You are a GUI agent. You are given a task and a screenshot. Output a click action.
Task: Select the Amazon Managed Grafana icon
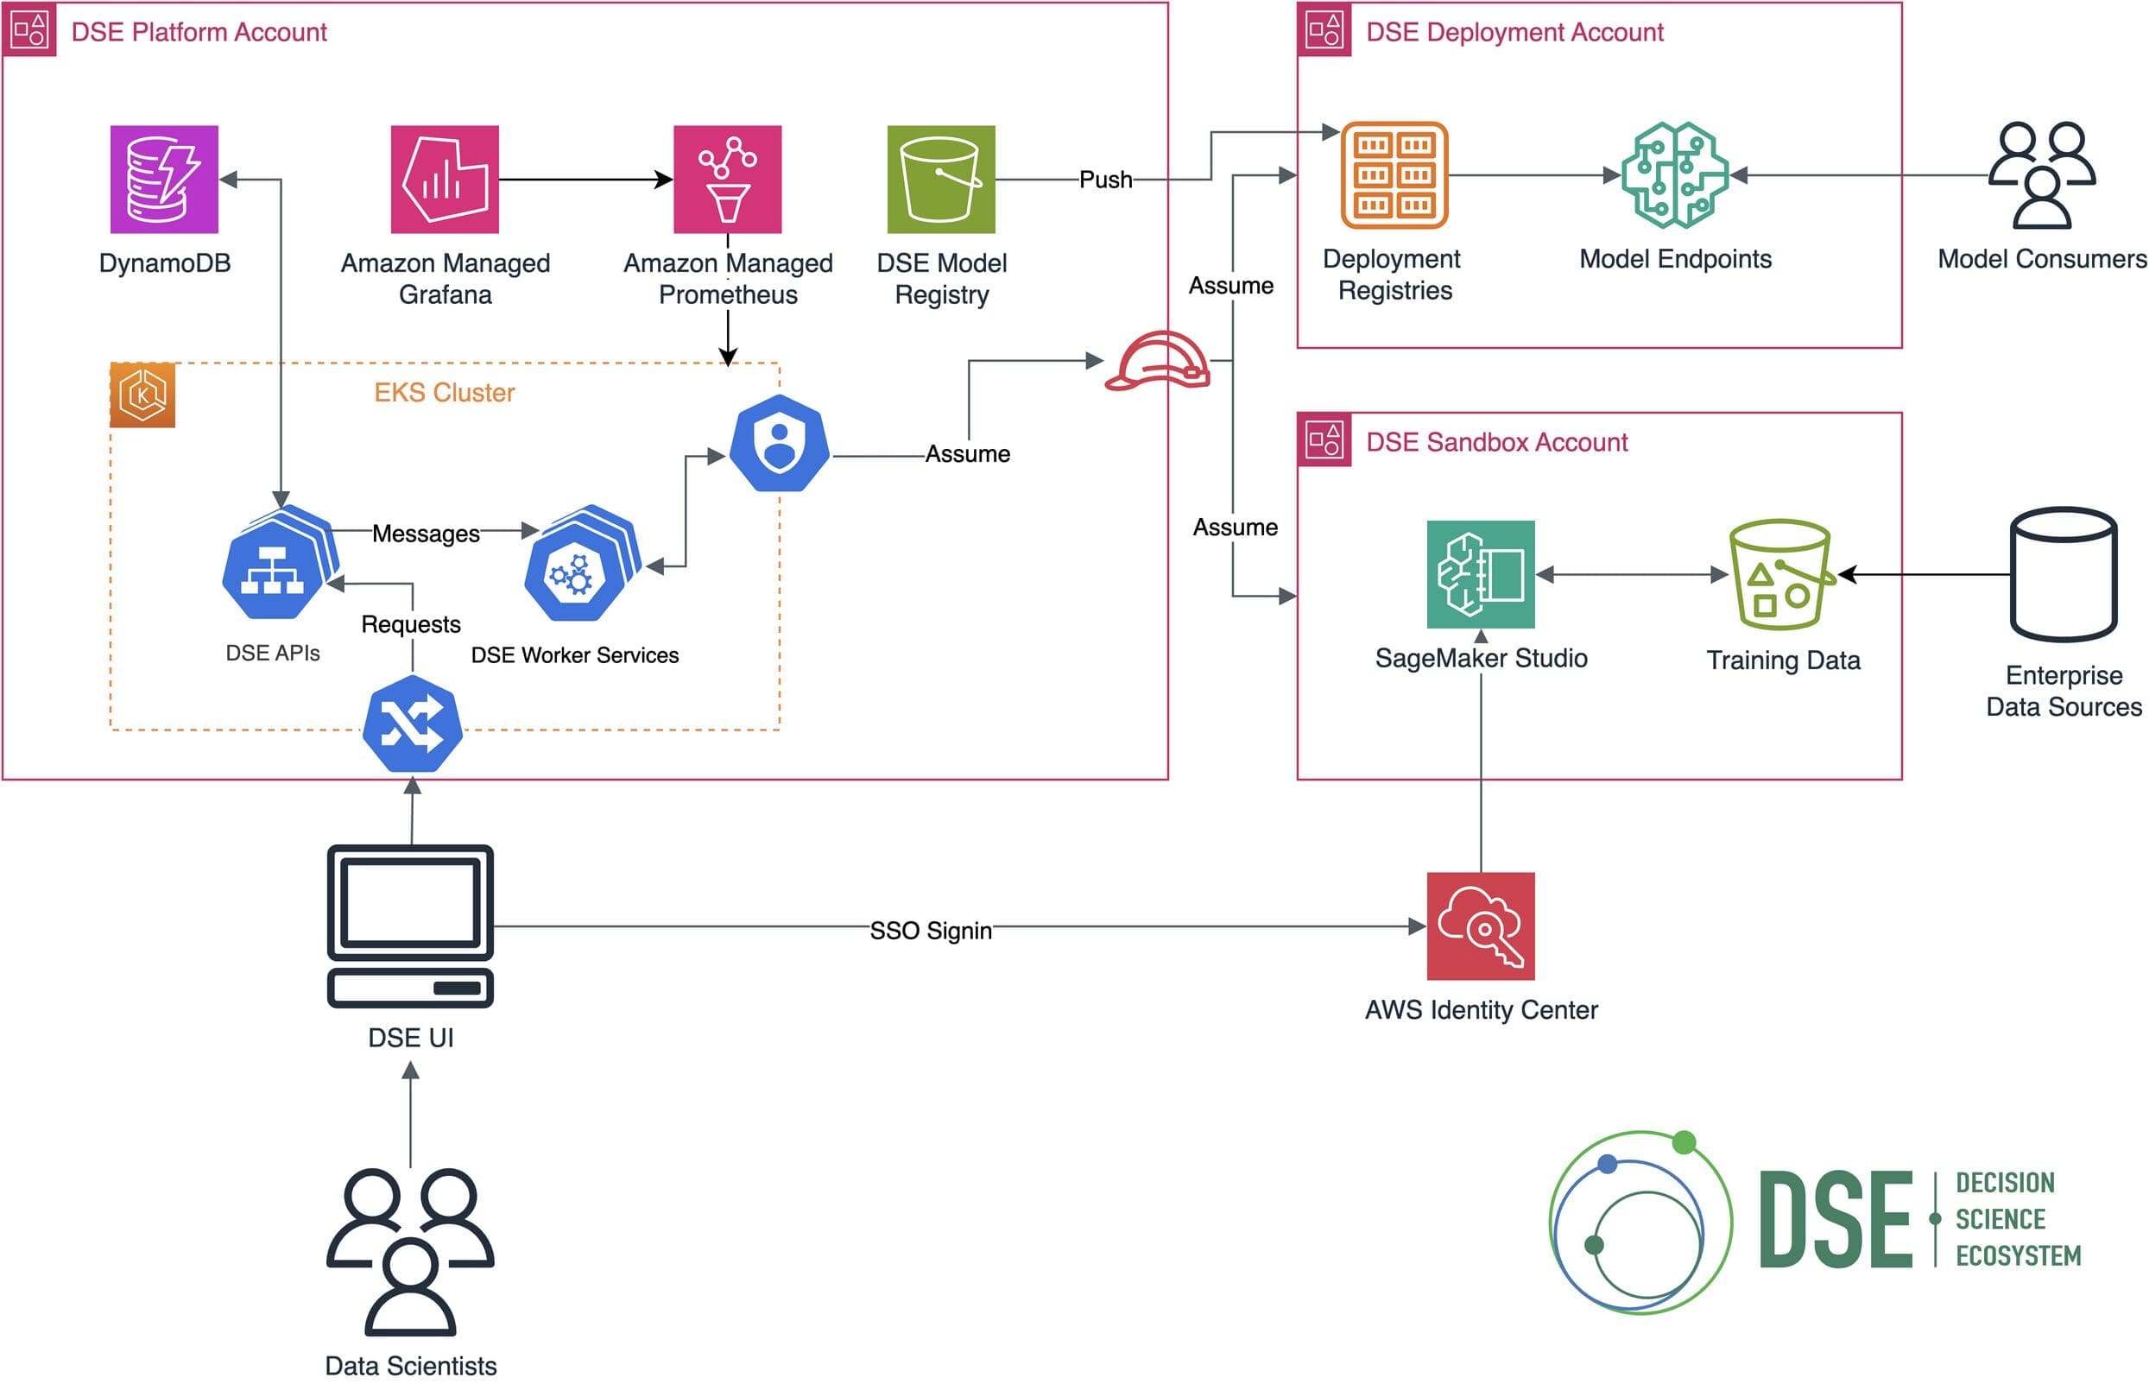coord(444,179)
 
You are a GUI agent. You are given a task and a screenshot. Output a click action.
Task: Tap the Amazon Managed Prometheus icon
coord(727,179)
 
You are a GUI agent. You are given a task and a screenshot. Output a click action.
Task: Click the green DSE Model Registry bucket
coord(940,179)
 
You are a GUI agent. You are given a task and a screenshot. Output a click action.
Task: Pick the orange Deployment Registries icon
coord(1394,175)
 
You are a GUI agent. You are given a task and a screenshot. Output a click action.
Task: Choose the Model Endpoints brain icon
coord(1674,174)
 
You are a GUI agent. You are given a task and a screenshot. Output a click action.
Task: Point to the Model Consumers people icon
coord(2041,174)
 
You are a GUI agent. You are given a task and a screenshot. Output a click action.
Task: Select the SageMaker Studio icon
coord(1481,573)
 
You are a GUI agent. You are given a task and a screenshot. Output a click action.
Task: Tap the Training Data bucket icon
coord(1779,573)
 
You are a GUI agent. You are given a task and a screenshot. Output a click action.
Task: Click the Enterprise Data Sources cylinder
coord(2063,573)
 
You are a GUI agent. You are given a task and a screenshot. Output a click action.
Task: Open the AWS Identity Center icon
coord(1481,926)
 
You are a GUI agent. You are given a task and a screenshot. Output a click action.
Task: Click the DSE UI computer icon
coord(411,926)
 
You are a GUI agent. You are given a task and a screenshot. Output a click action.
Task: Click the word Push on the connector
coord(1104,180)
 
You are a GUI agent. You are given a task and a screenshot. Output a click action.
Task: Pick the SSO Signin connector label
coord(930,930)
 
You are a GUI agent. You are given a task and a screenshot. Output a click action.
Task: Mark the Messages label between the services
coord(425,534)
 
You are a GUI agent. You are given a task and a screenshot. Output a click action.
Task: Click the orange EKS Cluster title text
coord(444,393)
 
